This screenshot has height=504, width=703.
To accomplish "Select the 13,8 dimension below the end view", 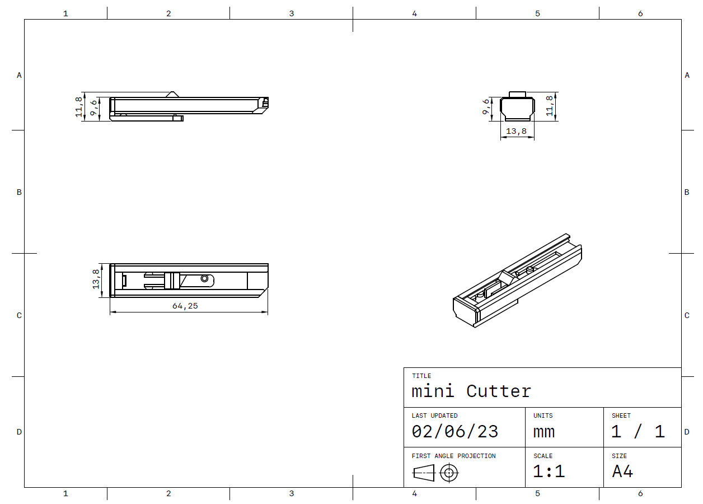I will (x=516, y=131).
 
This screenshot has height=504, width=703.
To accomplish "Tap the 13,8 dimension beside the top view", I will (x=96, y=279).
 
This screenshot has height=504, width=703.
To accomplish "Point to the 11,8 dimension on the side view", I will (x=79, y=106).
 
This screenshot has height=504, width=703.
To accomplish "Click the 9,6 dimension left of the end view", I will (x=486, y=106).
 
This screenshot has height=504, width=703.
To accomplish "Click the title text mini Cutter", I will (x=471, y=391).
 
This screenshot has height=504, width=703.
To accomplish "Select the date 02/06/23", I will (x=454, y=431).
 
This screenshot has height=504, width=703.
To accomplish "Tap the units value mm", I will (x=544, y=431).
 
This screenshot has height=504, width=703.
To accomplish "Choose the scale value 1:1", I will (x=549, y=472).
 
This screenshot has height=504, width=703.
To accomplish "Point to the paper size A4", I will (x=622, y=472).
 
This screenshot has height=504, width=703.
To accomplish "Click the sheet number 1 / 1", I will (x=638, y=431).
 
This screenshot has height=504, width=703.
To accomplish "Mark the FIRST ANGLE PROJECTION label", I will (x=453, y=456).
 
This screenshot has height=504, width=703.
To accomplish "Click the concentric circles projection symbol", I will (x=448, y=473).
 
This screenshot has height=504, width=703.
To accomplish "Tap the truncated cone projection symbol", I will (x=424, y=473).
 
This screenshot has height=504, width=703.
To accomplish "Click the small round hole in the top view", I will (x=205, y=278).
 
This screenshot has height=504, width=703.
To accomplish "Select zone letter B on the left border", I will (x=19, y=192).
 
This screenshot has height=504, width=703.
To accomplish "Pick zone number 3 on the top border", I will (x=291, y=13).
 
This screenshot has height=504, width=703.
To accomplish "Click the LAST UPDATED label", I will (x=434, y=416).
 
